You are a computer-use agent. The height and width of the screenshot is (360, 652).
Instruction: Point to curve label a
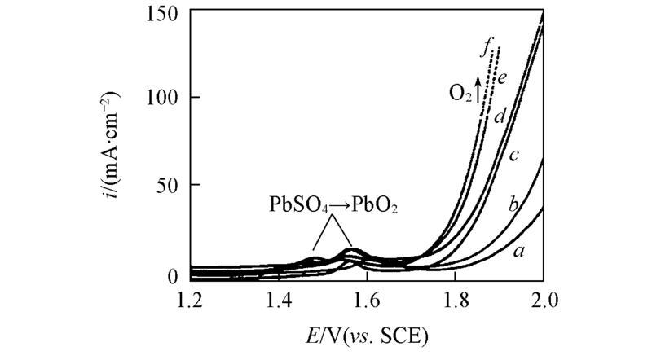point(518,252)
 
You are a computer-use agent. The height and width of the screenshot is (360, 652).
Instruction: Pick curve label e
point(504,78)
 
